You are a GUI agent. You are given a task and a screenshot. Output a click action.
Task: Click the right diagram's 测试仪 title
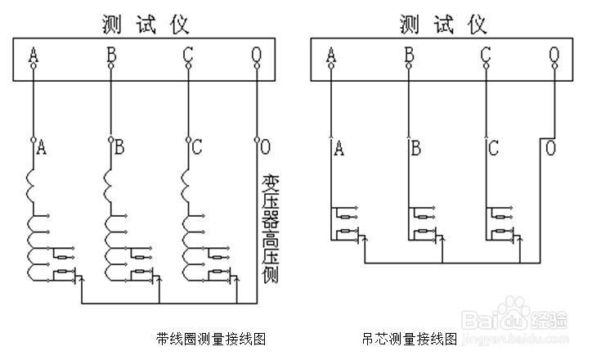pyautogui.click(x=443, y=24)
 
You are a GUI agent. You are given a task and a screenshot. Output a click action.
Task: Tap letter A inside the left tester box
pyautogui.click(x=34, y=56)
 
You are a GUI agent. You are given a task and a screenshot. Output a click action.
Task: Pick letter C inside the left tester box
pyautogui.click(x=188, y=56)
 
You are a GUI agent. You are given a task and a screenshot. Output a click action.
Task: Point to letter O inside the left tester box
pyautogui.click(x=258, y=56)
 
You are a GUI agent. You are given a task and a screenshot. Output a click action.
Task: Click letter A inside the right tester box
pyautogui.click(x=331, y=56)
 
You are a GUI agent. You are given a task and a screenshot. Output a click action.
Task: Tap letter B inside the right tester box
pyautogui.click(x=408, y=56)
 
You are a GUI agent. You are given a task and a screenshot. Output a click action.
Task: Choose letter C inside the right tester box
pyautogui.click(x=486, y=56)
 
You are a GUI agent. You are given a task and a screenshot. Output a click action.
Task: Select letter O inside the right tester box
pyautogui.click(x=555, y=56)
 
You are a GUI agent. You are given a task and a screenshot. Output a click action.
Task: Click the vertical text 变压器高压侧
pyautogui.click(x=269, y=228)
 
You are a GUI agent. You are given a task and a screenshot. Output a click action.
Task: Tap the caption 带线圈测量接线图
pyautogui.click(x=211, y=337)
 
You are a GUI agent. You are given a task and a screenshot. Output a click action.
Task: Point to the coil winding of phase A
pyautogui.click(x=33, y=229)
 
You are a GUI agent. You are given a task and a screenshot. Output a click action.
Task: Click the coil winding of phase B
pyautogui.click(x=110, y=229)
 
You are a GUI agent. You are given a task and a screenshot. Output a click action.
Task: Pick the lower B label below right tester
pyautogui.click(x=415, y=148)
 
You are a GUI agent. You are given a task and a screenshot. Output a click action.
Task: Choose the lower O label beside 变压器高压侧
pyautogui.click(x=265, y=148)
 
